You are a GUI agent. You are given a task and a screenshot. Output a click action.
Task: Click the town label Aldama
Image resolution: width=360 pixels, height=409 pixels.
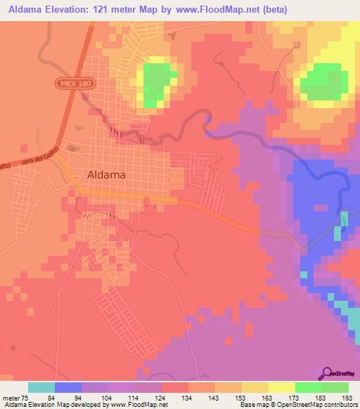107,174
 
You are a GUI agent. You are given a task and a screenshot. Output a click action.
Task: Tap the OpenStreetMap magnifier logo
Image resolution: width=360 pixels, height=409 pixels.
328,372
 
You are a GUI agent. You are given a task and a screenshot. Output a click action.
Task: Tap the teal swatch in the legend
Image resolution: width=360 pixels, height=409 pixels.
41,387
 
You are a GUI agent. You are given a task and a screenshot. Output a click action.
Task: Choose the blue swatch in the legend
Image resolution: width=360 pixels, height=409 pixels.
68,387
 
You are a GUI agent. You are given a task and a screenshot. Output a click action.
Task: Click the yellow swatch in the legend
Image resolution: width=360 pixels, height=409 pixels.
282,387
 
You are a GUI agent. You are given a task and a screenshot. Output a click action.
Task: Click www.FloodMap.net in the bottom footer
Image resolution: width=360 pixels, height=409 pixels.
136,405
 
